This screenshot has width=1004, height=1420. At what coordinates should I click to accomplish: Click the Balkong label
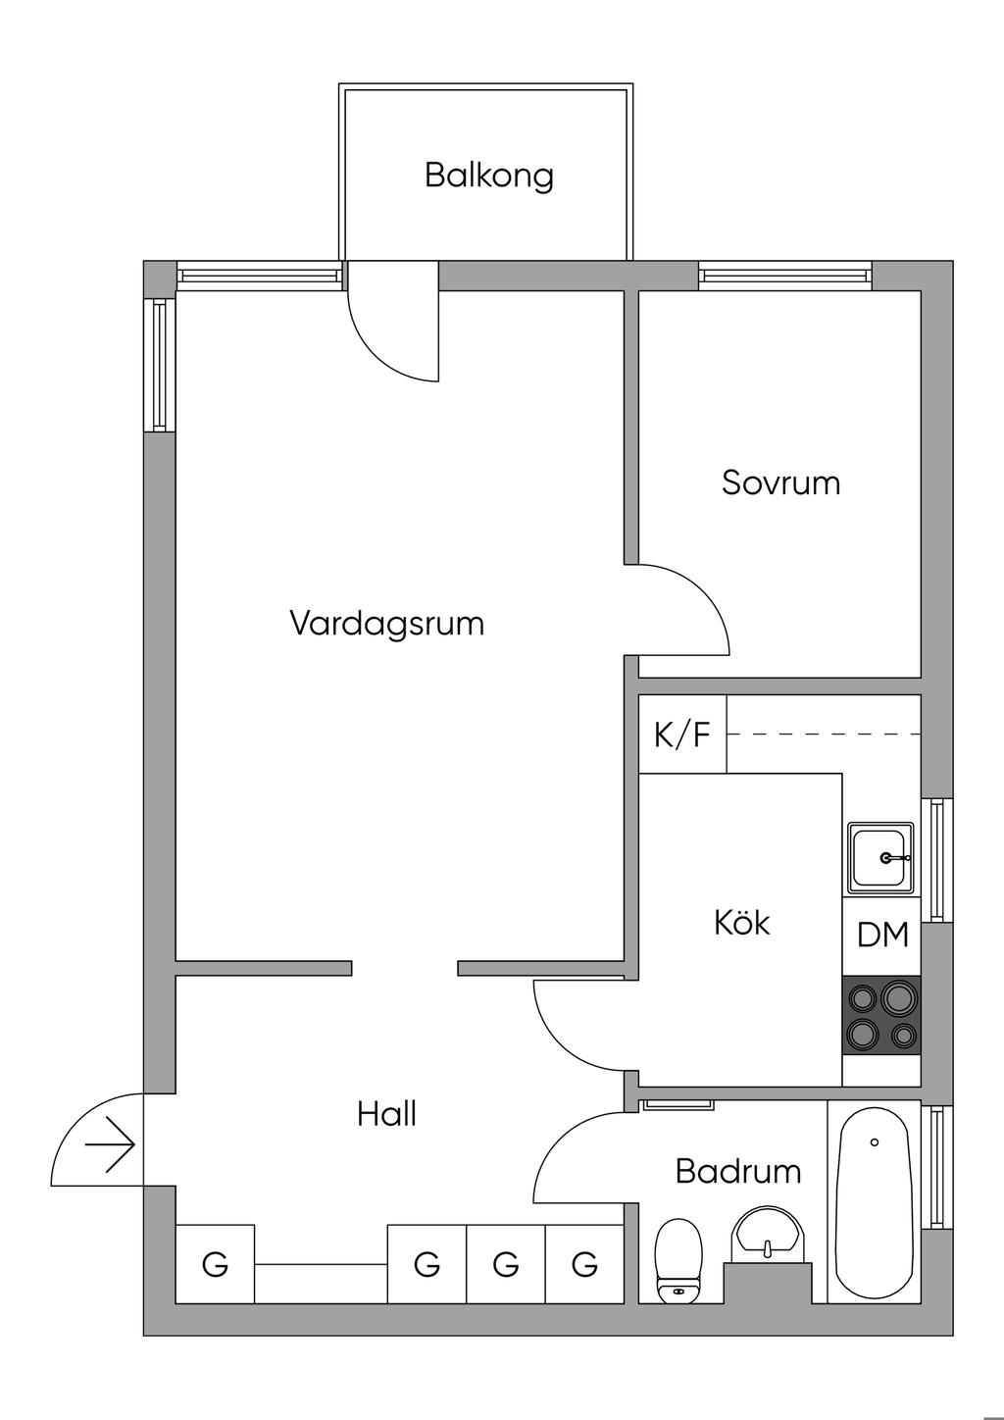pos(488,176)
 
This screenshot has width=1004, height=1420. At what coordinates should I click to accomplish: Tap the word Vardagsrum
pos(386,624)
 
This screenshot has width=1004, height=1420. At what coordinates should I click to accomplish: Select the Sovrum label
pos(780,482)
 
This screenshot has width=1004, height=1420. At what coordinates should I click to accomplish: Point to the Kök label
pos(741,923)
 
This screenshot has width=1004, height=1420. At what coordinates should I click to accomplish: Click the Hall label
pos(386,1114)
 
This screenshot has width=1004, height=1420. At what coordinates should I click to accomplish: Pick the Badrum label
pos(737,1171)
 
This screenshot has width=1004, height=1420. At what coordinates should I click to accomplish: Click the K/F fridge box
pos(682,735)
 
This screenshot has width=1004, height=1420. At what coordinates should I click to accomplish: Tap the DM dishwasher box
pos(882,936)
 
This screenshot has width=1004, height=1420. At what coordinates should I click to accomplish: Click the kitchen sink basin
pos(880,858)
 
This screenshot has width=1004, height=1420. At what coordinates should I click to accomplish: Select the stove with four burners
pos(881,1016)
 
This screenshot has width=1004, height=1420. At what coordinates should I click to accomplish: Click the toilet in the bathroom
pos(678,1260)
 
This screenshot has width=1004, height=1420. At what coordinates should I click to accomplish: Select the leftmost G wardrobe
pos(215,1264)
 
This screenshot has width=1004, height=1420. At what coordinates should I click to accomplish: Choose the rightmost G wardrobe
pos(584,1264)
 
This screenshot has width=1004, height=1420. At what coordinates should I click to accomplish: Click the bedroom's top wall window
pos(784,277)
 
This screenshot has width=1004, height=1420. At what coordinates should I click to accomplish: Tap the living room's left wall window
pos(159,365)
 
